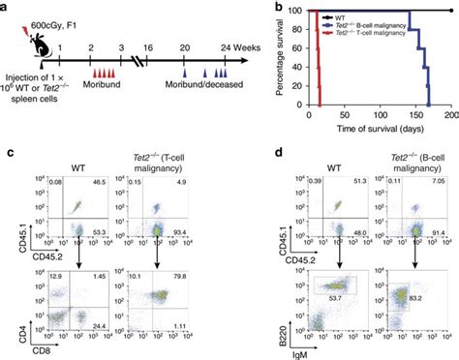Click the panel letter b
pos(252,9)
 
